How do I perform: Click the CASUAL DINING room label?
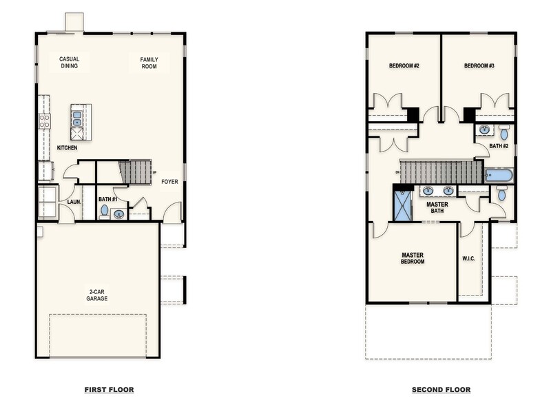click(69, 63)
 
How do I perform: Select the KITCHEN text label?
click(67, 148)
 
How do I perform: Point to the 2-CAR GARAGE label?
click(97, 295)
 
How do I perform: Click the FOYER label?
click(170, 182)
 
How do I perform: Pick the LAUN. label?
click(74, 202)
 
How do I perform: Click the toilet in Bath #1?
click(105, 210)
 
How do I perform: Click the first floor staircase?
click(135, 172)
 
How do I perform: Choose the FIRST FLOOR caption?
click(109, 390)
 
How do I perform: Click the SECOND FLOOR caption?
click(441, 390)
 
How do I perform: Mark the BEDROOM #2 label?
click(404, 66)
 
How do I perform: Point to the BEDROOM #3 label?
click(479, 66)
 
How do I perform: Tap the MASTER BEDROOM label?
click(413, 258)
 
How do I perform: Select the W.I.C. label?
click(468, 259)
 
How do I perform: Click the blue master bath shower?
click(402, 205)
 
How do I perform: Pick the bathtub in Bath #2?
click(499, 175)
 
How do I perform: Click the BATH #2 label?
click(499, 146)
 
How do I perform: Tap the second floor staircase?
click(441, 172)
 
